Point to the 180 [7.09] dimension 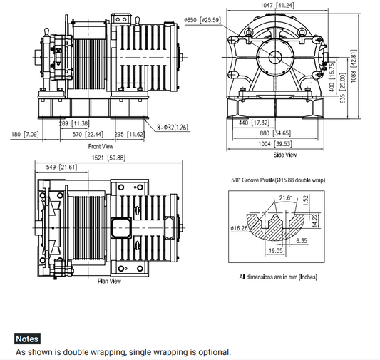point(25,134)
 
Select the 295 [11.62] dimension point(130,134)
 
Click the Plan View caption point(109,281)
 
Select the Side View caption point(285,155)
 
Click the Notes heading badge point(27,339)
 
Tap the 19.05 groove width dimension point(277,251)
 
